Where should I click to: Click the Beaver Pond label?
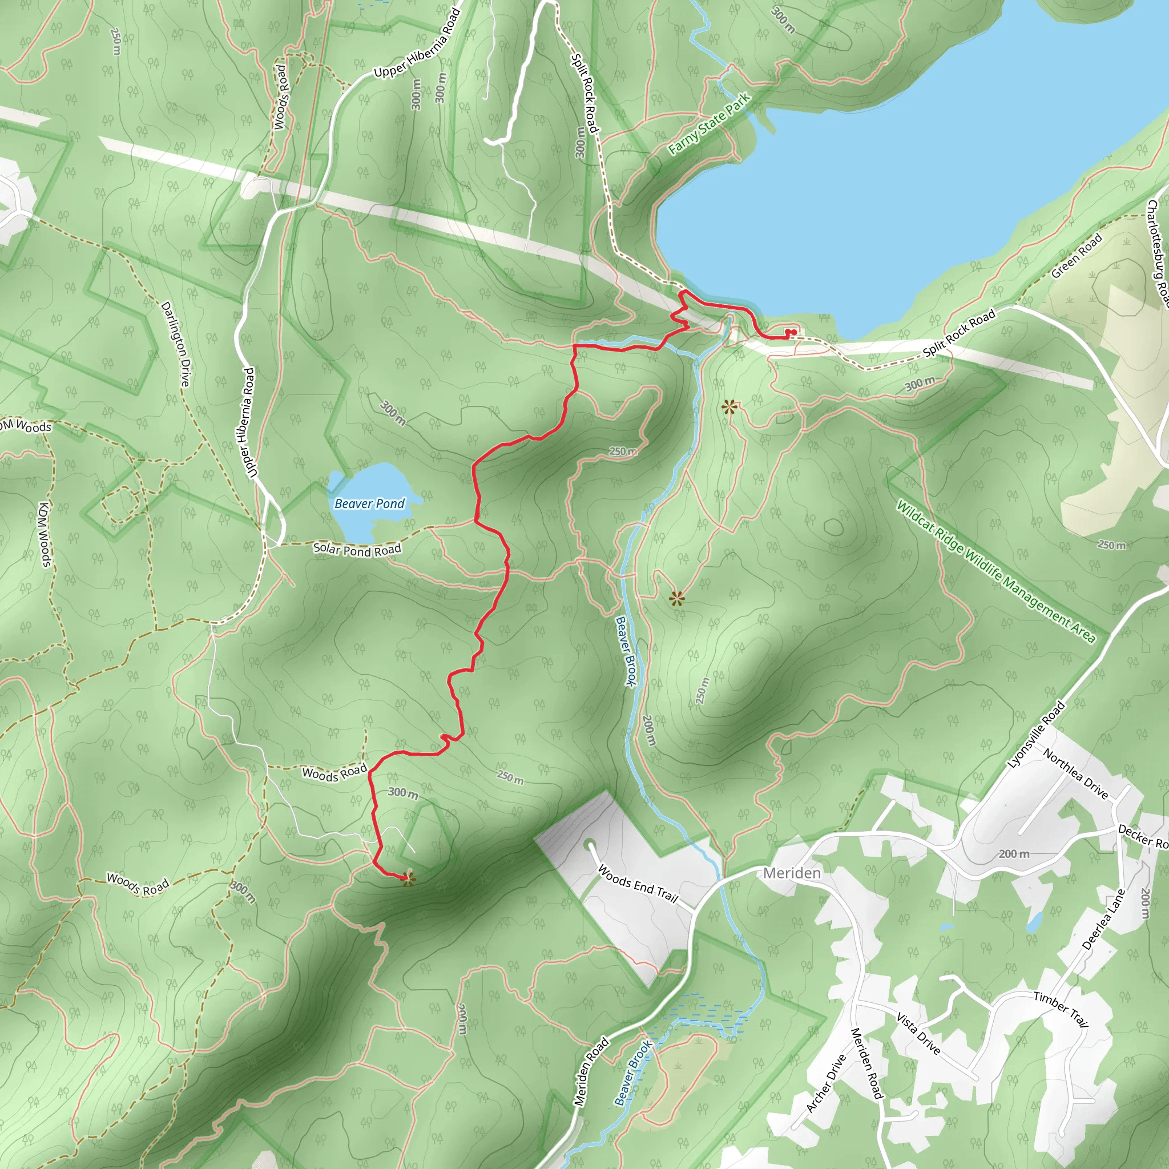pyautogui.click(x=369, y=503)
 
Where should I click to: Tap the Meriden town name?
pyautogui.click(x=792, y=873)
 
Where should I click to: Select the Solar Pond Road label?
pyautogui.click(x=357, y=549)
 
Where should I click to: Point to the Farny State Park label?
pyautogui.click(x=709, y=123)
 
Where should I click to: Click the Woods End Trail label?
pyautogui.click(x=638, y=884)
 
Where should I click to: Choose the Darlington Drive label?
pyautogui.click(x=175, y=344)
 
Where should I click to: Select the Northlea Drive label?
pyautogui.click(x=1075, y=773)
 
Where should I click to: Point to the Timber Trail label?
pyautogui.click(x=1061, y=1009)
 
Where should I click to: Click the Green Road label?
pyautogui.click(x=1077, y=256)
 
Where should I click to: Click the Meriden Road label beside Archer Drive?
pyautogui.click(x=866, y=1063)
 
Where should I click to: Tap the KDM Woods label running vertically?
pyautogui.click(x=44, y=534)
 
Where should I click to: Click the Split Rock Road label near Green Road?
pyautogui.click(x=959, y=333)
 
